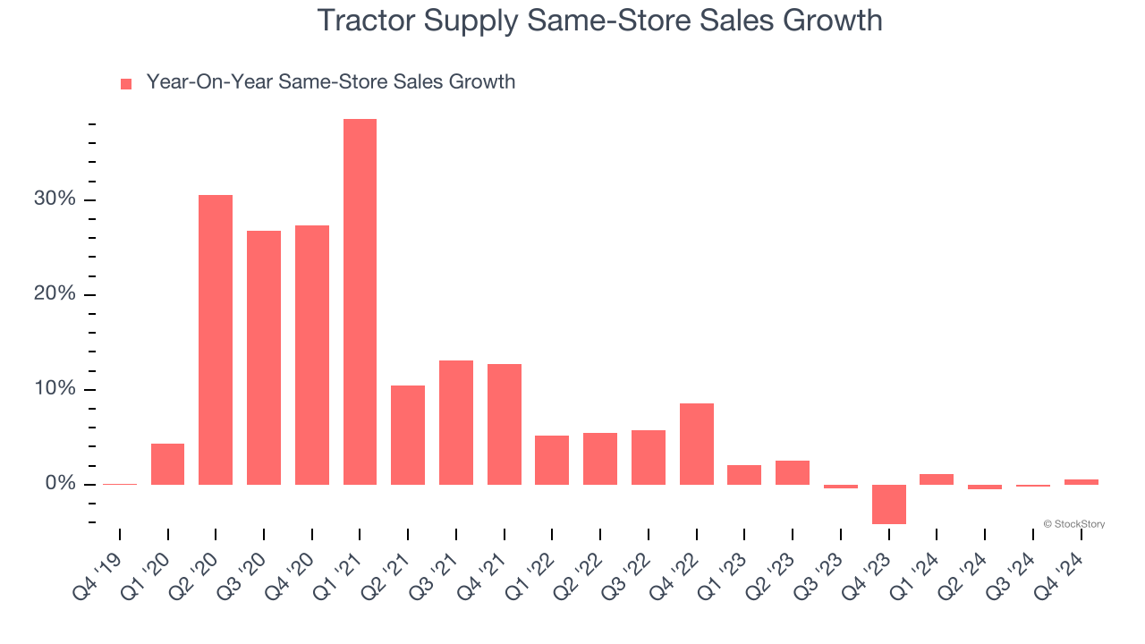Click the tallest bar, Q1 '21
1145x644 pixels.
click(360, 301)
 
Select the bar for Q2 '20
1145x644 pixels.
click(216, 340)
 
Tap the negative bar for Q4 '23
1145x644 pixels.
click(889, 504)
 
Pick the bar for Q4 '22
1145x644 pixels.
click(697, 444)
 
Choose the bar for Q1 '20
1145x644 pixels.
click(167, 464)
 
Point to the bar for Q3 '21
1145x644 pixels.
click(456, 422)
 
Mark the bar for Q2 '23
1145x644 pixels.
click(793, 472)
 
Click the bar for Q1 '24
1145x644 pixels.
click(937, 479)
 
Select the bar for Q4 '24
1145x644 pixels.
click(1081, 482)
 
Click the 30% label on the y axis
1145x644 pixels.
click(55, 199)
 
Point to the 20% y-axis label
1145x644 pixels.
click(55, 294)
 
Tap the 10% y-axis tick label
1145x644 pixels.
click(55, 389)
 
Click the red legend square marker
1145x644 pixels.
click(126, 83)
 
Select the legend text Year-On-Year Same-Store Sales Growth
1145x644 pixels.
click(331, 82)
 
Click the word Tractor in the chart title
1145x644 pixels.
click(365, 21)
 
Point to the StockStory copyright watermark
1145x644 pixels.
click(1073, 524)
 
